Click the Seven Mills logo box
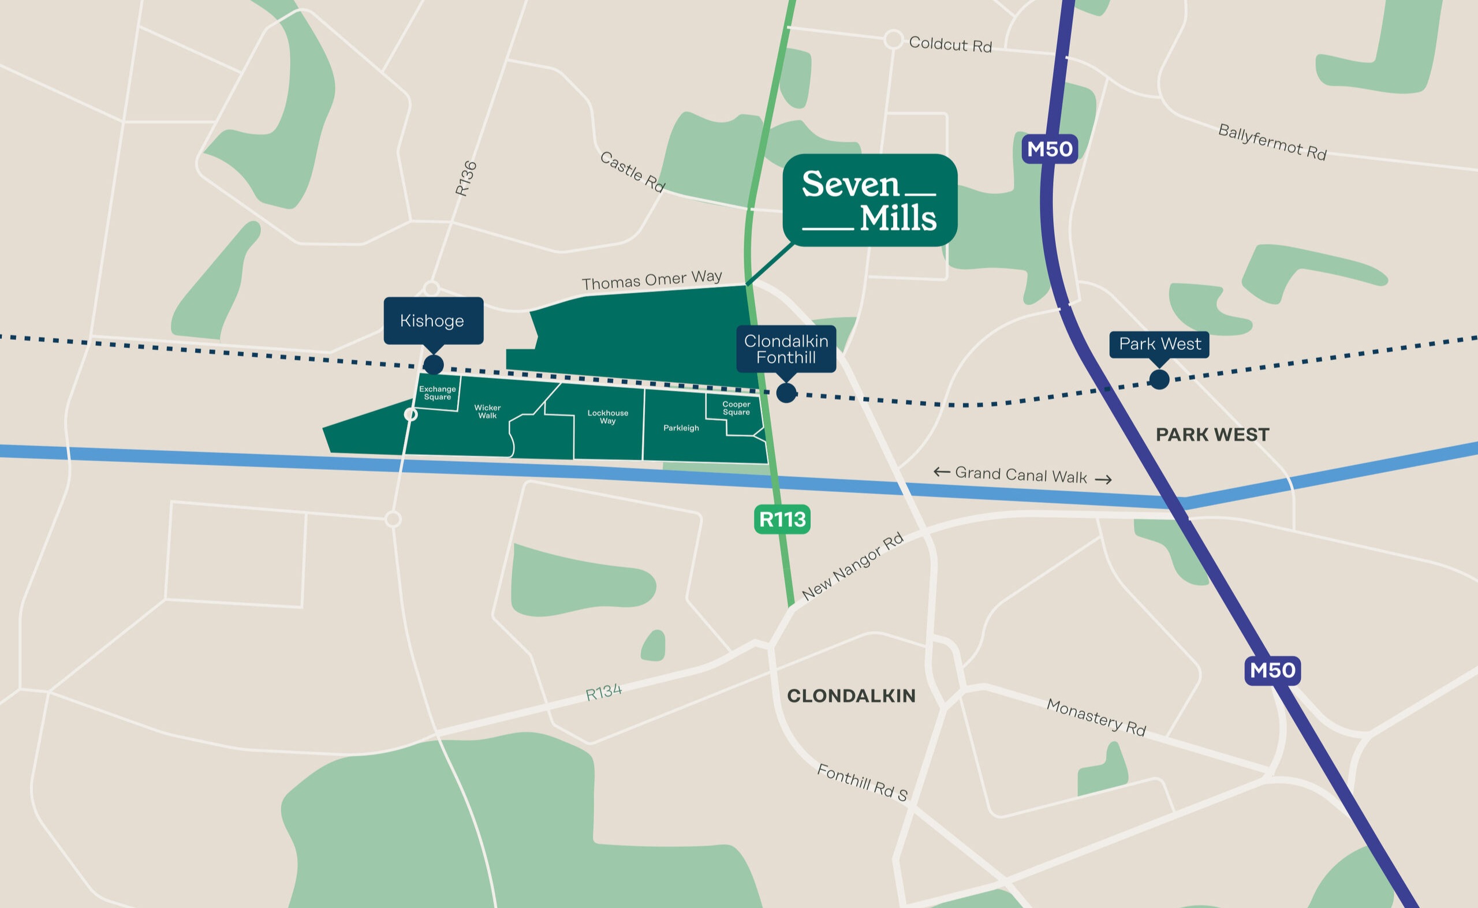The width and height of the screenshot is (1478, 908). [x=869, y=200]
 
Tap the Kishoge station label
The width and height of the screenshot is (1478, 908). [x=433, y=320]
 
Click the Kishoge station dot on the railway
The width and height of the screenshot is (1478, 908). [x=434, y=364]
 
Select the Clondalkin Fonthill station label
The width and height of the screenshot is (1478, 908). [x=786, y=349]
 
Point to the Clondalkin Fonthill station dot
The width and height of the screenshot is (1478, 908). [x=786, y=393]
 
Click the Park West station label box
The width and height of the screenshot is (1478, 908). [x=1159, y=344]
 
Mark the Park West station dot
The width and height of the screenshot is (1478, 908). [x=1159, y=379]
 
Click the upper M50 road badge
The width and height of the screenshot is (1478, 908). [x=1049, y=149]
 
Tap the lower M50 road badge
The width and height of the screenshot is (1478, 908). [x=1272, y=670]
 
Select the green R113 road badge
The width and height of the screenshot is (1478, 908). [x=782, y=520]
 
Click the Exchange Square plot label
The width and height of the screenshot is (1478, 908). [x=437, y=393]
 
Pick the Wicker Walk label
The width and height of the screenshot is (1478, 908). [x=487, y=412]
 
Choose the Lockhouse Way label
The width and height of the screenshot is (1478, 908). [x=608, y=417]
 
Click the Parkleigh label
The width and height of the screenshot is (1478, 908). [x=681, y=428]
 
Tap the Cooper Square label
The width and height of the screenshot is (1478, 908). [x=736, y=408]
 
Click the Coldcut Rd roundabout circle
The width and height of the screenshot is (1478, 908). [x=893, y=40]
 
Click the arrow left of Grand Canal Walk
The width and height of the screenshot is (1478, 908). [x=941, y=472]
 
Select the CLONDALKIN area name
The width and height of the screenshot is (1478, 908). [x=851, y=696]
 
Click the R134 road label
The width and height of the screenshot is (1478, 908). [x=603, y=693]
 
